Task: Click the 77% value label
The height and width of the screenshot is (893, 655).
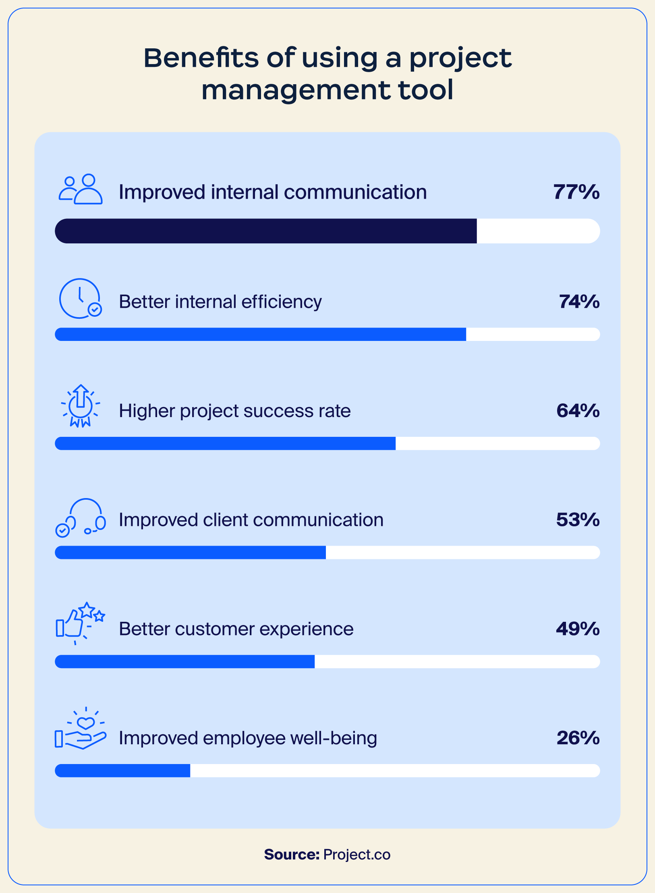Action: click(576, 192)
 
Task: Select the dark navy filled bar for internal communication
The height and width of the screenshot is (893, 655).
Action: click(266, 231)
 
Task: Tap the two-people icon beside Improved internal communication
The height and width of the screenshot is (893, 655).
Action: click(81, 189)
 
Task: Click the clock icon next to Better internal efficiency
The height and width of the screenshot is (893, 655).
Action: click(80, 299)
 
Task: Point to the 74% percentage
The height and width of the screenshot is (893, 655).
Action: click(579, 301)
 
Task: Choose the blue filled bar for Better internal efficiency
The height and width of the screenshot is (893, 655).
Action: click(260, 334)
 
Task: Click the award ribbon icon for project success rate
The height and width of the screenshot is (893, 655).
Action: click(81, 406)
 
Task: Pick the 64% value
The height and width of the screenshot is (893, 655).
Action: click(578, 411)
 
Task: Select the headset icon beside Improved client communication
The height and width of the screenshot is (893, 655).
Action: click(81, 517)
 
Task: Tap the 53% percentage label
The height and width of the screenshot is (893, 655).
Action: click(578, 520)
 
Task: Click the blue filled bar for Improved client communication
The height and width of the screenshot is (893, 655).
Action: click(190, 552)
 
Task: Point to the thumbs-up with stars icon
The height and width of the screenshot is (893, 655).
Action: click(80, 623)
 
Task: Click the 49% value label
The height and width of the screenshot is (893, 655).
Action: click(578, 629)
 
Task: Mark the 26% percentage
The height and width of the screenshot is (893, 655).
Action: click(578, 738)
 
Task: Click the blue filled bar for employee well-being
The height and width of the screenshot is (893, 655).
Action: click(122, 770)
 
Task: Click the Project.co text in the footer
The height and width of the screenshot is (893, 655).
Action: click(357, 854)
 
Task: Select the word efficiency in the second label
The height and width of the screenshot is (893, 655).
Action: click(282, 302)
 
